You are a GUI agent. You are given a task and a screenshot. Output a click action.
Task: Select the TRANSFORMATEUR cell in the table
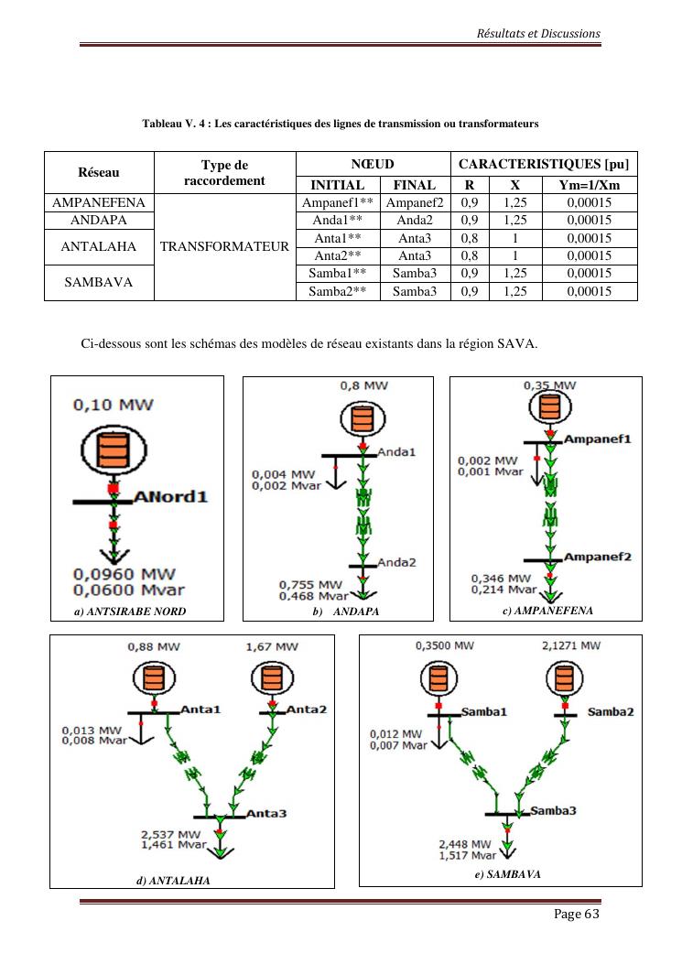[224, 246]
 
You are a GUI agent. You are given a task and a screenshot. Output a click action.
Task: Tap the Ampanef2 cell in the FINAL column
[414, 203]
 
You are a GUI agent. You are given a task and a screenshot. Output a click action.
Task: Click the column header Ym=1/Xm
[589, 185]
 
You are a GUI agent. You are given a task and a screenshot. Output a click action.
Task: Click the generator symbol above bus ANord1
[114, 448]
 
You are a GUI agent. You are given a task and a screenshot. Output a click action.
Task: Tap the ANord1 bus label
[171, 497]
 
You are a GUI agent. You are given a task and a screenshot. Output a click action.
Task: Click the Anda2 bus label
[396, 562]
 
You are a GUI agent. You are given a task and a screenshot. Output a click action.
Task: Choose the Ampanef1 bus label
[597, 439]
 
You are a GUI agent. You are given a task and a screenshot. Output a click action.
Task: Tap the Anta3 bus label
[266, 812]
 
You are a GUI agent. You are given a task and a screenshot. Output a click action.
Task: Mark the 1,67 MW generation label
[272, 646]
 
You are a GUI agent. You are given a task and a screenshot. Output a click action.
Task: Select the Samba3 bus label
[553, 810]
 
